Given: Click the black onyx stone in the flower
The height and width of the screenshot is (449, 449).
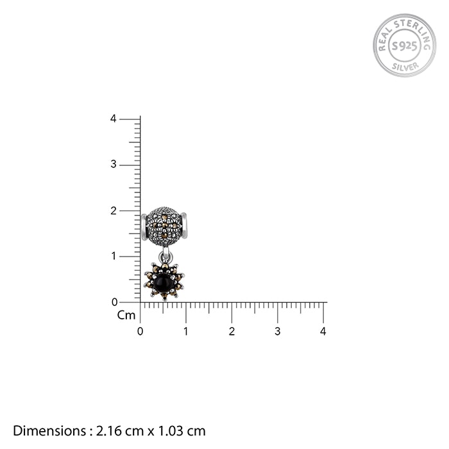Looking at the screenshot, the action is [163, 284].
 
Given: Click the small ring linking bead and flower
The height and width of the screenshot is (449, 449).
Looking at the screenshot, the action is [165, 257].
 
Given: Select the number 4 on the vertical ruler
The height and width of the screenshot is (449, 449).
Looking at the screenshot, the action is [114, 119].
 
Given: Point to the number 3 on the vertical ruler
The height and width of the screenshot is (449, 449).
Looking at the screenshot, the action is [114, 164].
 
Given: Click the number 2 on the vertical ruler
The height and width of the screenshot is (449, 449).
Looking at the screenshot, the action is [114, 210].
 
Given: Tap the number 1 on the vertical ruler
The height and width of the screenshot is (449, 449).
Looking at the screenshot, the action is [114, 256].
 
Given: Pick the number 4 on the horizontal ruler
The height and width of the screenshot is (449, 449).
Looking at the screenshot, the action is [323, 332].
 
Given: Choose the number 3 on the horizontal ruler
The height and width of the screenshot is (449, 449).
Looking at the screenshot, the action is [277, 332].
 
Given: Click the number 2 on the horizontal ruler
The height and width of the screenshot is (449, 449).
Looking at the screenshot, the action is [232, 332].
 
